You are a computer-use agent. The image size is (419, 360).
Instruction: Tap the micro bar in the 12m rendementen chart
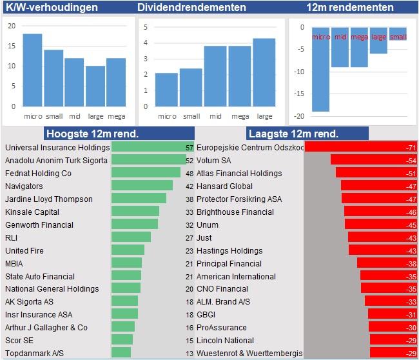[x=320, y=71]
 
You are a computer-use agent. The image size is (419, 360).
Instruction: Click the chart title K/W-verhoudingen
[x=52, y=8]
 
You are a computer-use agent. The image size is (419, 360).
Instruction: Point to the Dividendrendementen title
[x=191, y=8]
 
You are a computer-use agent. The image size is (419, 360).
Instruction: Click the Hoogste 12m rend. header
[x=92, y=134]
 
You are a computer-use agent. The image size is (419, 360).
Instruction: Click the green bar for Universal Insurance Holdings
[x=148, y=147]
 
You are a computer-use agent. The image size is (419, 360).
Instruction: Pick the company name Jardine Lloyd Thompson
[x=49, y=199]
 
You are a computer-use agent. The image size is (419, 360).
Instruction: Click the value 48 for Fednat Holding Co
[x=190, y=174]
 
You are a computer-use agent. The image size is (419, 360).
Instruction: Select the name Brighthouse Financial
[x=235, y=212]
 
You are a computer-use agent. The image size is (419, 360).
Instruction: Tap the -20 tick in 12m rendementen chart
[x=298, y=116]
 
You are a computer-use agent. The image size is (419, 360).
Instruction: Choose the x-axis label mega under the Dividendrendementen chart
[x=240, y=117]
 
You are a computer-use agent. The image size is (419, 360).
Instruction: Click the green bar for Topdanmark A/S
[x=121, y=353]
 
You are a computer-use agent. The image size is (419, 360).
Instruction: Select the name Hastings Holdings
[x=229, y=250]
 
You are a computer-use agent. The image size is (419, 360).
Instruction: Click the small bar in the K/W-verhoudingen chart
[x=54, y=77]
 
